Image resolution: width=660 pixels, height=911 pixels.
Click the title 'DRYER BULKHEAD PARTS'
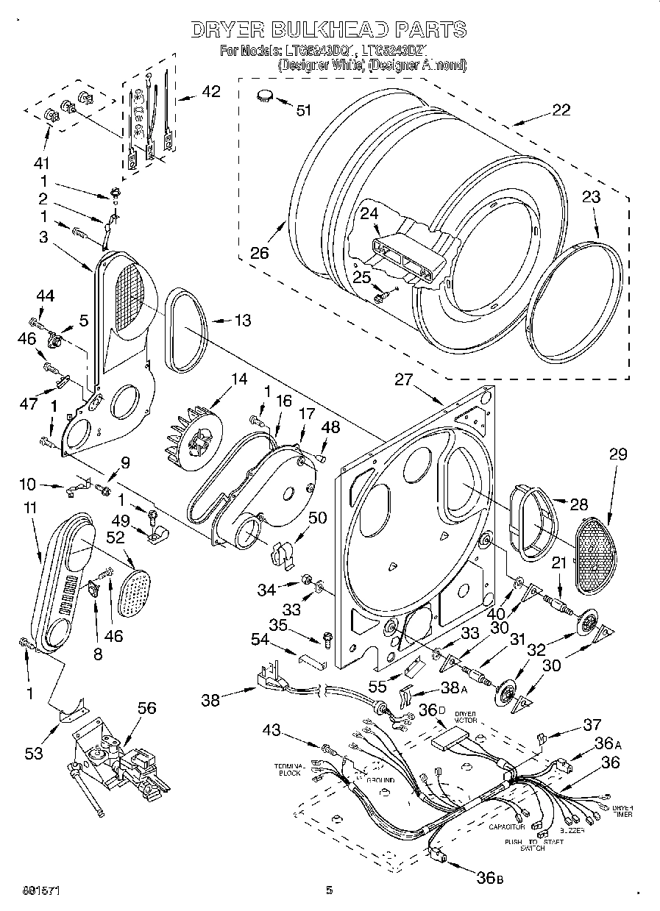tap(329, 29)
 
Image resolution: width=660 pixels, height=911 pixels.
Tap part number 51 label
tap(303, 110)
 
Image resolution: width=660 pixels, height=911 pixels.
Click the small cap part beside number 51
tap(264, 95)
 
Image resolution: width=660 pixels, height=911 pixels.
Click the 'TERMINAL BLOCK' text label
tap(290, 769)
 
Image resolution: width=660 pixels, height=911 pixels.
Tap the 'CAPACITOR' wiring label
tap(507, 826)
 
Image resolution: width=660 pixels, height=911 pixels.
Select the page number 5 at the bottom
tap(330, 890)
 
